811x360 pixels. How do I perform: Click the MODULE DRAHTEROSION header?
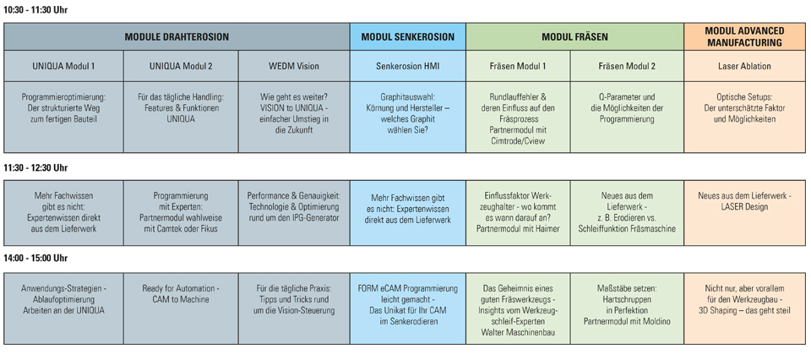[177, 37]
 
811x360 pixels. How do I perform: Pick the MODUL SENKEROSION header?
[407, 37]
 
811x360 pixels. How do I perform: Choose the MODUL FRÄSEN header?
[574, 37]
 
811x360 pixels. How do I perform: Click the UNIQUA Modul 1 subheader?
[63, 66]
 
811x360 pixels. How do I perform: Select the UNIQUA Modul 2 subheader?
[181, 66]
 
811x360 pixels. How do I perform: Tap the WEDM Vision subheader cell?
[294, 66]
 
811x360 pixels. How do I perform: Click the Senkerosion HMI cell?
[407, 66]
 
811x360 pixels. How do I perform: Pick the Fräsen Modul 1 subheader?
[518, 66]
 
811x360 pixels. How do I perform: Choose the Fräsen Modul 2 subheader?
[627, 66]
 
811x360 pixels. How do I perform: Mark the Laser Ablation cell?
[744, 66]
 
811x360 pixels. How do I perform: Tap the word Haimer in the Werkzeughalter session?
[544, 228]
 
